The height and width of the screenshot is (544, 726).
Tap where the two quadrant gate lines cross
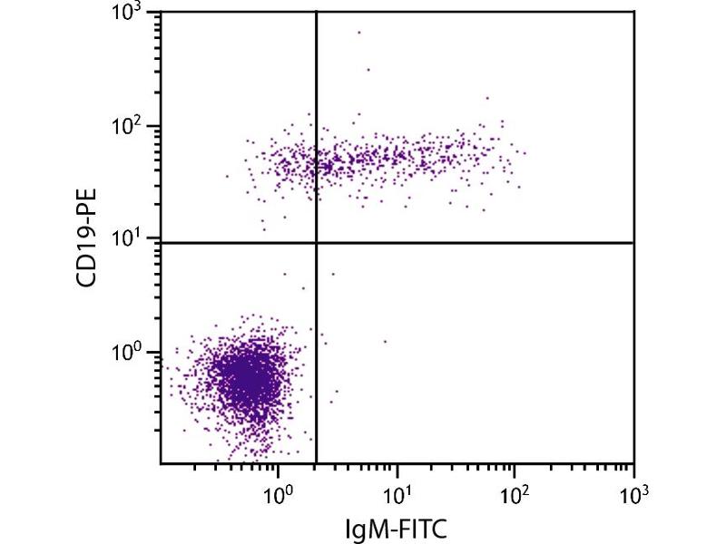pos(316,243)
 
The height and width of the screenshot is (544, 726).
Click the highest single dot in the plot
pos(359,32)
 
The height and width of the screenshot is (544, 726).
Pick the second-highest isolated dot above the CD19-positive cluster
pos(368,69)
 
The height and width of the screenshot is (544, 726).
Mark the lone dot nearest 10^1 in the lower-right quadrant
pos(385,342)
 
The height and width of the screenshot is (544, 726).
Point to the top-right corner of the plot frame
pos(633,12)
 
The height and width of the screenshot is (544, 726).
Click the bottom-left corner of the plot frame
pos(162,463)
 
